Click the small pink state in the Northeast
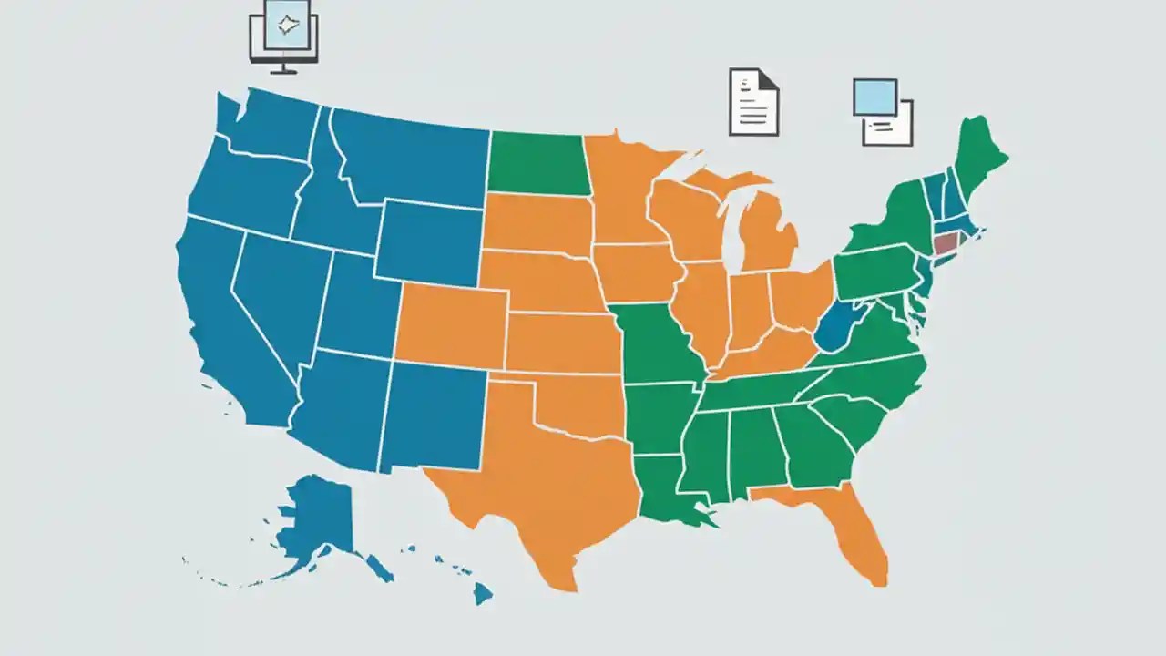[x=946, y=243]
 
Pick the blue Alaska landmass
[x=319, y=519]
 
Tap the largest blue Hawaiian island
[x=482, y=594]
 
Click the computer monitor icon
[x=283, y=34]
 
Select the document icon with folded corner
[x=753, y=102]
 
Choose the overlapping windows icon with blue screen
[x=882, y=111]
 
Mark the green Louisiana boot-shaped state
[x=670, y=492]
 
